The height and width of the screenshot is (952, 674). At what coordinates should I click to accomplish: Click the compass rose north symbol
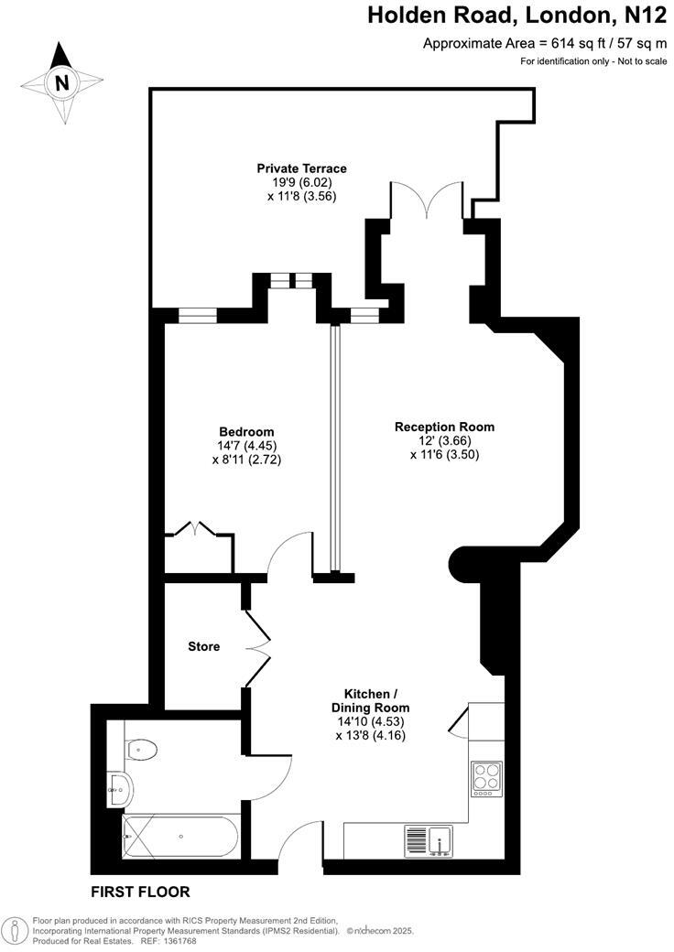61,83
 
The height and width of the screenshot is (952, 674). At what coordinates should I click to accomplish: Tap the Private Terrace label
301,168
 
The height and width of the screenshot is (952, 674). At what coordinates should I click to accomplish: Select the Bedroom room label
246,432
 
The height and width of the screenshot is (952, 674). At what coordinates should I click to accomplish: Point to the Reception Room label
444,427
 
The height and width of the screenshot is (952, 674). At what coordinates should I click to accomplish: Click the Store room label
203,646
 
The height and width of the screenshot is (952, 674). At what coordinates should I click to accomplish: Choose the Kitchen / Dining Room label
370,700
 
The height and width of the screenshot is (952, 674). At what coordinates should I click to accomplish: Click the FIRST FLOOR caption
139,891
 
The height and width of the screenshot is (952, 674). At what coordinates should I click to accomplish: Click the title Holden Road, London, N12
517,15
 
